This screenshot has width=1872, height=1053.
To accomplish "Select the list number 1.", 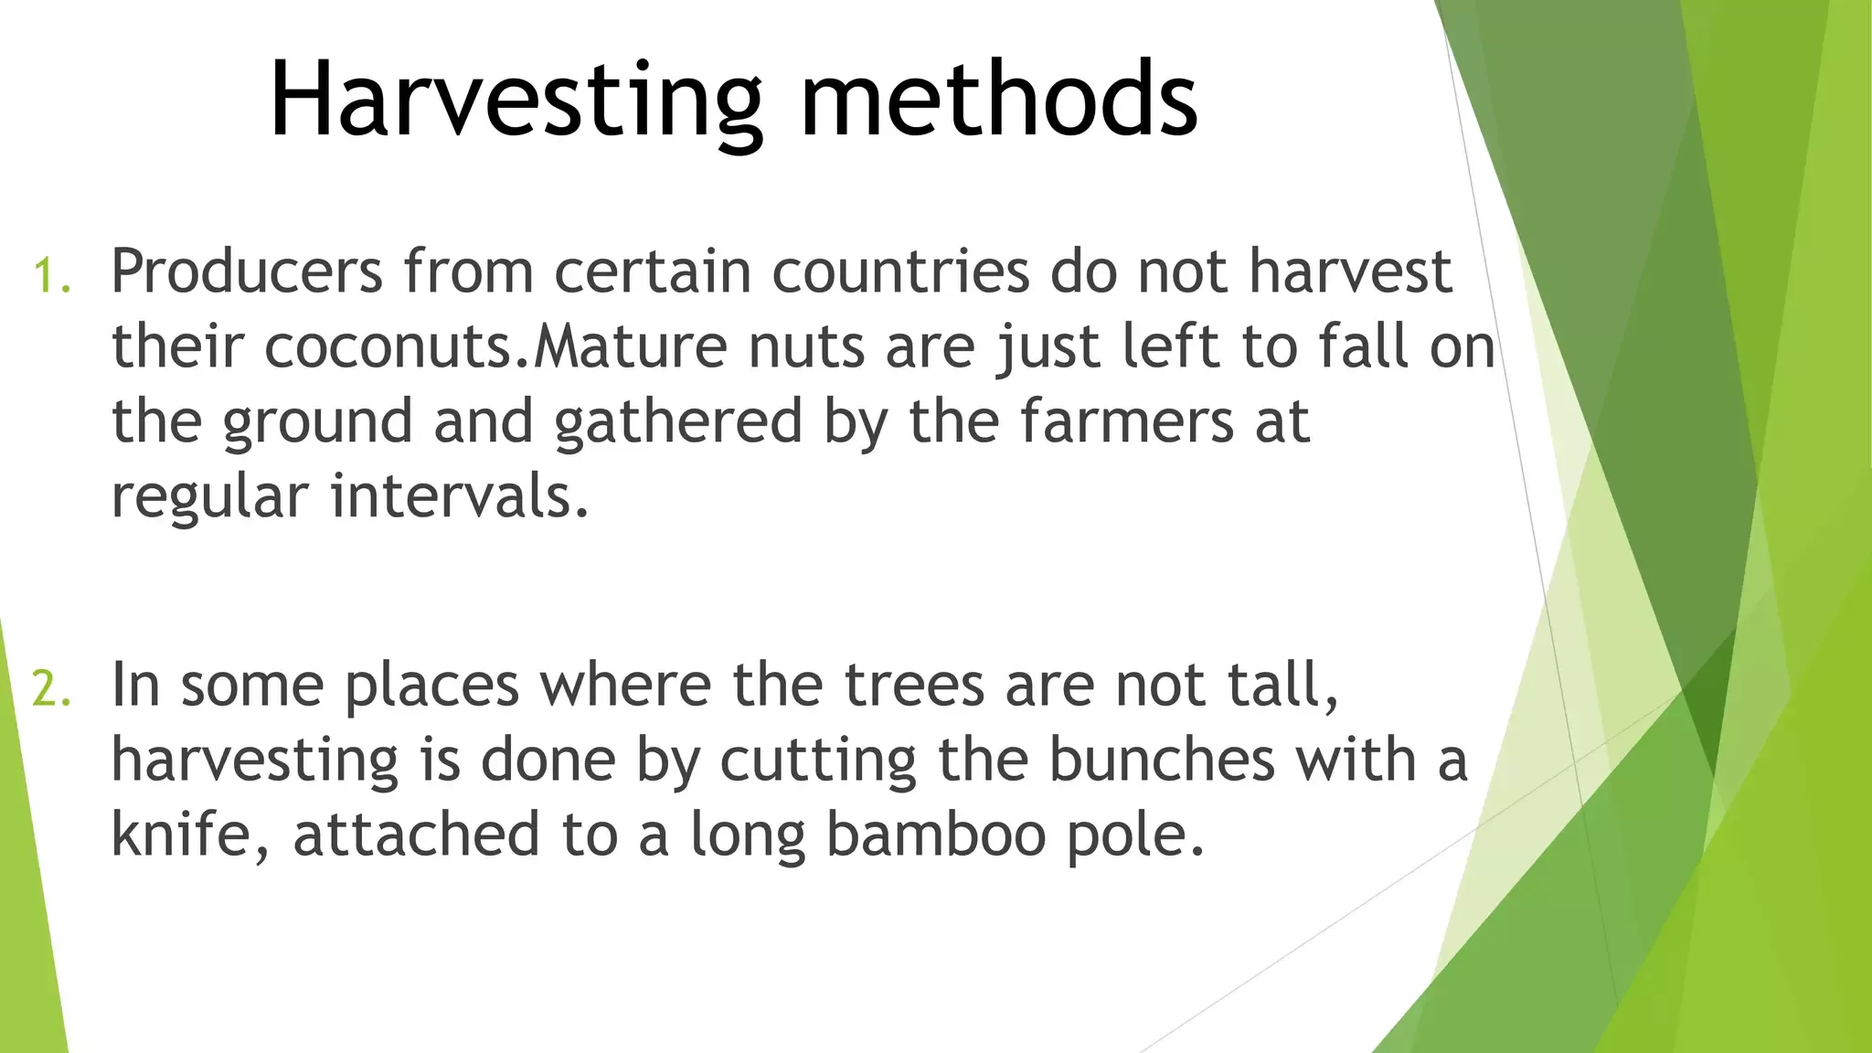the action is tap(51, 276).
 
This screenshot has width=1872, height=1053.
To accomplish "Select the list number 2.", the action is tap(51, 689).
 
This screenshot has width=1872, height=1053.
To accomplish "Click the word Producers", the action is tap(247, 271).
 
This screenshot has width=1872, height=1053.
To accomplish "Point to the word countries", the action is tap(901, 271).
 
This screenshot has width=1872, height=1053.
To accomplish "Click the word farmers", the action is tap(1126, 421).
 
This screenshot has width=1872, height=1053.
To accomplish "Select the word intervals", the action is tap(460, 496).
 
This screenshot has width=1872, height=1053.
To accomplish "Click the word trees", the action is tap(914, 686).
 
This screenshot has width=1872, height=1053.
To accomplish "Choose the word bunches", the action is tap(1161, 760).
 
